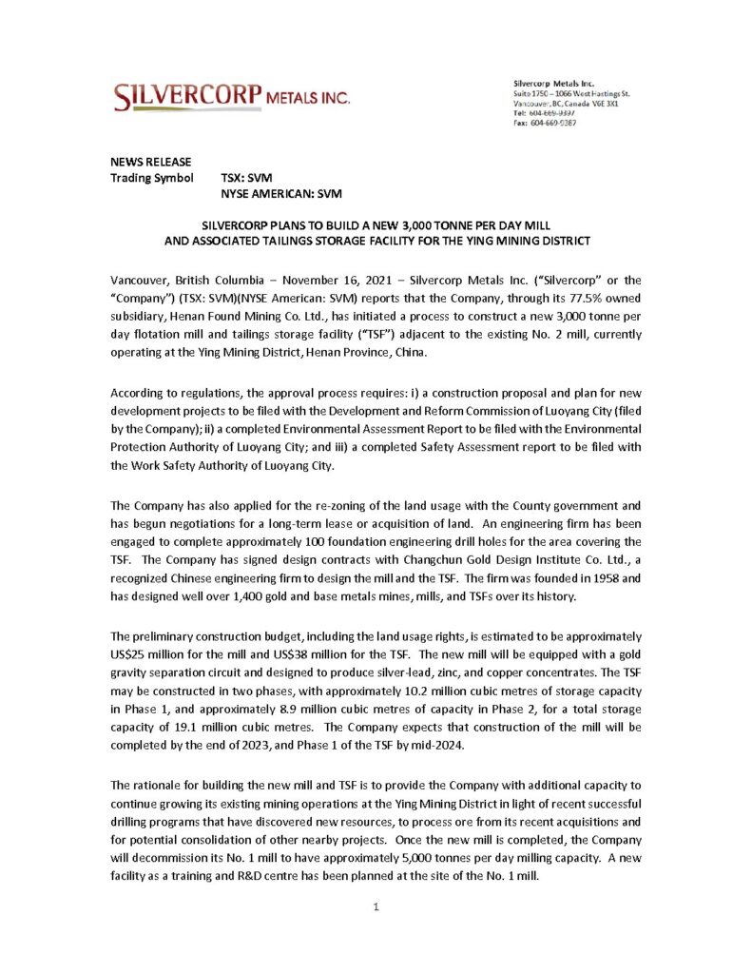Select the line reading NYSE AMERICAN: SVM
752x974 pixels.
[280, 193]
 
